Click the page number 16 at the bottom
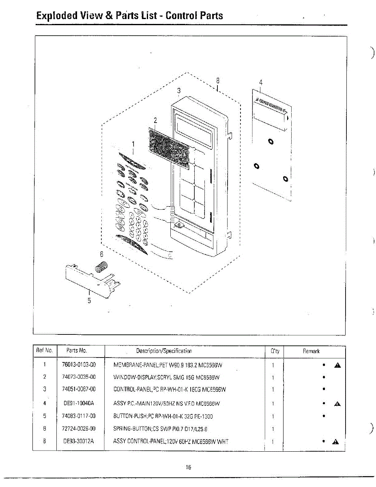189,467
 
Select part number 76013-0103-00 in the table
79,365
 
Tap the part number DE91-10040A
79,403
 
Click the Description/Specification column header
164,351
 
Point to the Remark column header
311,351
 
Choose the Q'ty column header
275,351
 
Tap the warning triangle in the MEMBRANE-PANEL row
337,365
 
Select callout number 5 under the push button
89,301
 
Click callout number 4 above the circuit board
260,82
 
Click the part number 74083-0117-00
79,416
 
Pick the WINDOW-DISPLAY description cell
167,377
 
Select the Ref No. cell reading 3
45,389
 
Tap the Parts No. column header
77,351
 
